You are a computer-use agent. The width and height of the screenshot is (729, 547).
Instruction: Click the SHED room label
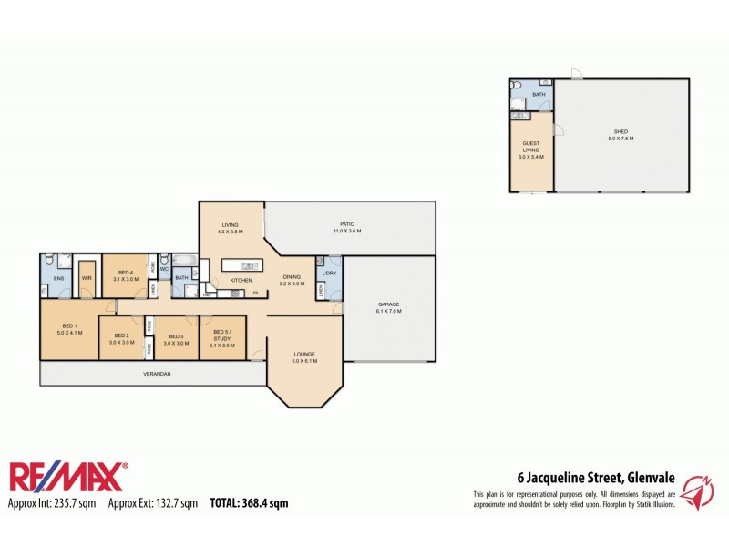[x=621, y=132]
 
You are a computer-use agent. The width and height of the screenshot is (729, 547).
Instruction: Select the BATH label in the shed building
[x=539, y=95]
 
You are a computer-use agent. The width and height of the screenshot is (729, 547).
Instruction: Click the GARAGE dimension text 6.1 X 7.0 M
[x=389, y=311]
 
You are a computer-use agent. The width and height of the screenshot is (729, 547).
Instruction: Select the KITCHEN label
[x=241, y=280]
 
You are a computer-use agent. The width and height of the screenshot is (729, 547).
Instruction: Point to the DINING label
[x=292, y=276]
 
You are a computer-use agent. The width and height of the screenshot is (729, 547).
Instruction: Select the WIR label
[x=87, y=278]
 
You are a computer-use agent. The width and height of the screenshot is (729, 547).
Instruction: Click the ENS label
[x=57, y=278]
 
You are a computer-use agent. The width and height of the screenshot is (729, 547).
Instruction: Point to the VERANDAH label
[x=157, y=374]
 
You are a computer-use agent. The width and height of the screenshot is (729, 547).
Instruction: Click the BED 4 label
[x=125, y=273]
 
